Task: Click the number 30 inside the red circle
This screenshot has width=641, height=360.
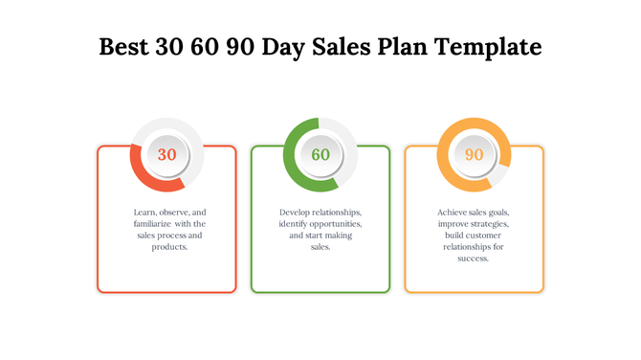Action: tap(166, 154)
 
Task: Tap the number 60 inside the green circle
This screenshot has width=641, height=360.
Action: tap(320, 154)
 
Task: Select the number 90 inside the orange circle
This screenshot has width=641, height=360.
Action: tap(474, 154)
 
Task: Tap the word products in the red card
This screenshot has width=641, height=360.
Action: tap(168, 246)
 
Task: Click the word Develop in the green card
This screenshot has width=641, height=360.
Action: tap(297, 212)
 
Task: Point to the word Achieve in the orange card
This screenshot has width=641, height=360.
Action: tap(453, 212)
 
